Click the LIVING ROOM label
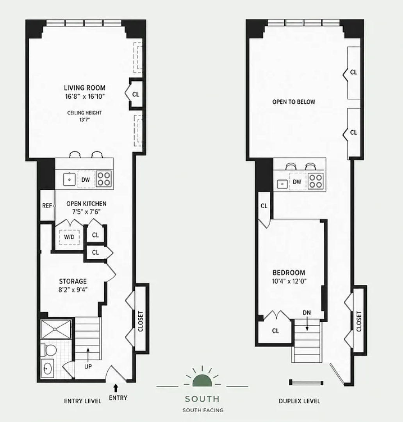point(85,88)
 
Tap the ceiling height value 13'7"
point(84,120)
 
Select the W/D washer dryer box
point(69,237)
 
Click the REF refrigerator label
point(47,206)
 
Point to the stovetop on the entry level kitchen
point(104,179)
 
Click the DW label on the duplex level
point(297,182)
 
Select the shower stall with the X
point(56,329)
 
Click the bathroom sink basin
point(47,368)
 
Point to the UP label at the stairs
point(88,367)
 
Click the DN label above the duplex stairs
point(307,313)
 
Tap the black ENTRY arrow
point(116,388)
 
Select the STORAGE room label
point(73,282)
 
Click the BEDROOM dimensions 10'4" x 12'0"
point(289,282)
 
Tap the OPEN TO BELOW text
point(294,102)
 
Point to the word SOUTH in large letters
point(202,399)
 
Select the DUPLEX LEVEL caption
point(299,401)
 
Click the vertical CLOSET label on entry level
point(140,321)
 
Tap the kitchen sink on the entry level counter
point(70,179)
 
